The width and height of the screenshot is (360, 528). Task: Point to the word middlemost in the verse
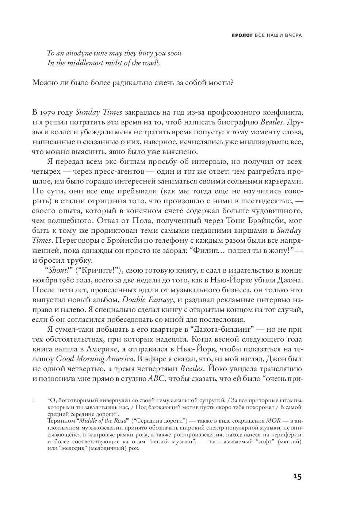87,63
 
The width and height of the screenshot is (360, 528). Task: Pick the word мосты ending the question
221,83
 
